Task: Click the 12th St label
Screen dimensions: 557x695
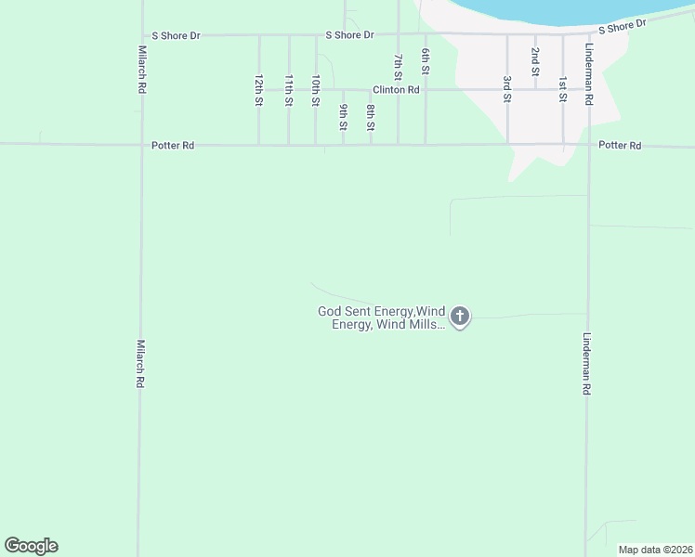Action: coord(258,91)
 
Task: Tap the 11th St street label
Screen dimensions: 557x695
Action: coord(289,91)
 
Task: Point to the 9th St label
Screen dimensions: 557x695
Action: coord(343,117)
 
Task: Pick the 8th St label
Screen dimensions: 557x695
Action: coord(370,117)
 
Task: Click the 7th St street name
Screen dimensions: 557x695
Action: coord(398,65)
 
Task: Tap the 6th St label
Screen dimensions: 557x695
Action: coord(426,61)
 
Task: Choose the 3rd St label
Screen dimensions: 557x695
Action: coord(507,89)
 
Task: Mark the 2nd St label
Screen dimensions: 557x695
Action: coord(535,61)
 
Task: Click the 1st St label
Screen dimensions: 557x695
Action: coord(562,89)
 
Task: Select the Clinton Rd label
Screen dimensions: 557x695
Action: coord(396,90)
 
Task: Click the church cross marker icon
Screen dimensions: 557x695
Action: coord(460,317)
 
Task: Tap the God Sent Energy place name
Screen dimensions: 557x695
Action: coord(381,317)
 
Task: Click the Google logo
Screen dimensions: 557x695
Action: coord(31,546)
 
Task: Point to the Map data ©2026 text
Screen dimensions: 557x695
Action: coord(655,550)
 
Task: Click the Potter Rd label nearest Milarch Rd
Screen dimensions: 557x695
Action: coord(174,146)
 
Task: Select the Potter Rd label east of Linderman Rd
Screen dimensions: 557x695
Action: coord(620,146)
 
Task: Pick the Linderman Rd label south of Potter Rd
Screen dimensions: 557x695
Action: coord(587,365)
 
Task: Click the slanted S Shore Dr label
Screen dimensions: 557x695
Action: coord(622,27)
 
